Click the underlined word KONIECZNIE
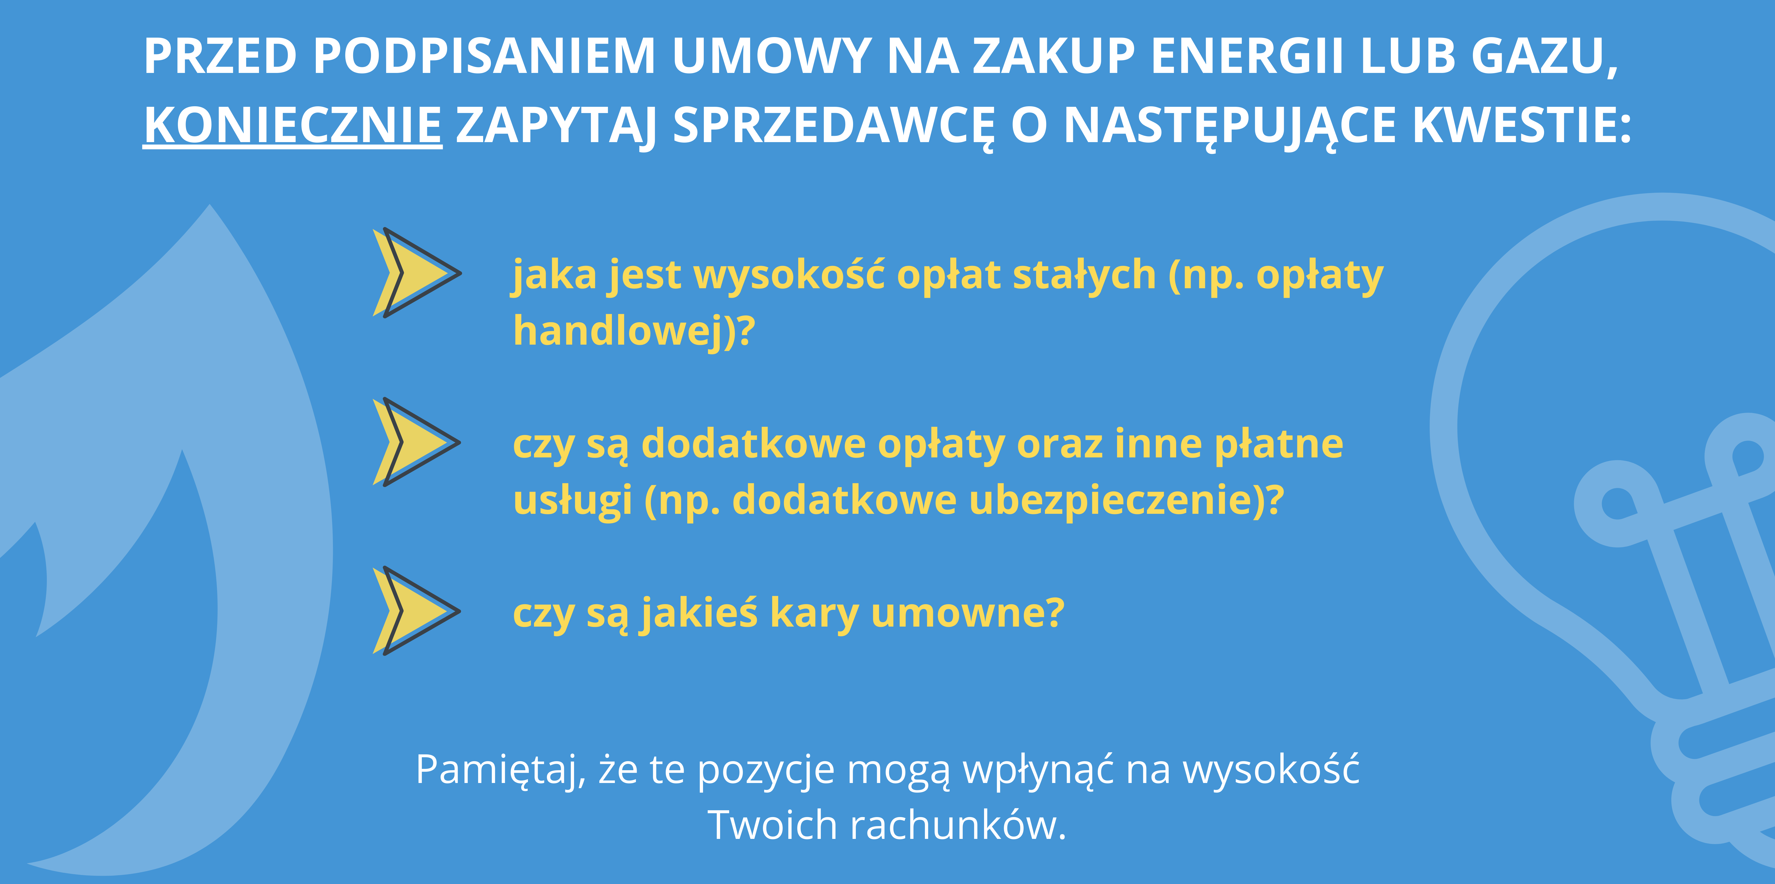[x=293, y=126]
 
